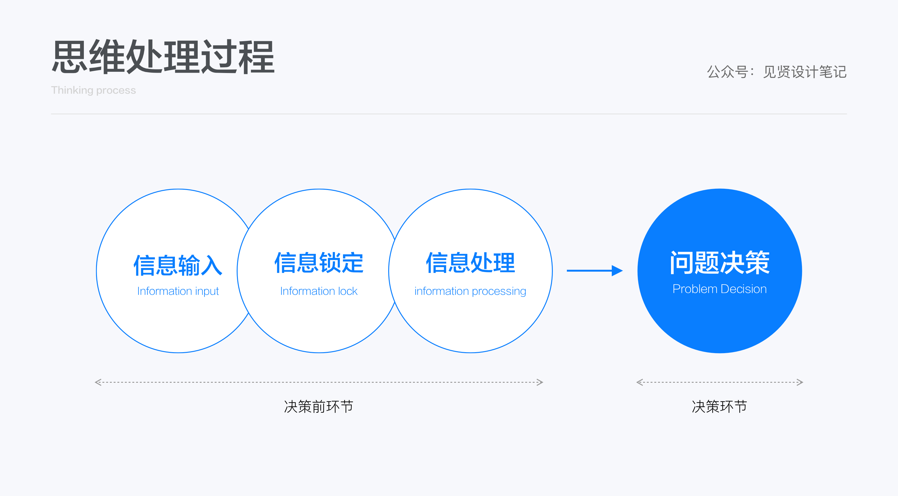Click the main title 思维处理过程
163,57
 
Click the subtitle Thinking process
94,90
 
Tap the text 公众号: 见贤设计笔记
776,72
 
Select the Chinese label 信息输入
178,265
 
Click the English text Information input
178,291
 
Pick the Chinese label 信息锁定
319,263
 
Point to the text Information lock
319,291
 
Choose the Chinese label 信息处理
470,263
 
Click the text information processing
470,291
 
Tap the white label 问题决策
720,263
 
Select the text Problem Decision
720,289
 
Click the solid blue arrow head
617,271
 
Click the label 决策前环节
319,407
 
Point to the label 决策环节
720,407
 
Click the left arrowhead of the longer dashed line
98,382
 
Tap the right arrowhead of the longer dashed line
540,382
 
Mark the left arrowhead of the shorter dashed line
639,382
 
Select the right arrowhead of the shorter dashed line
800,382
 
